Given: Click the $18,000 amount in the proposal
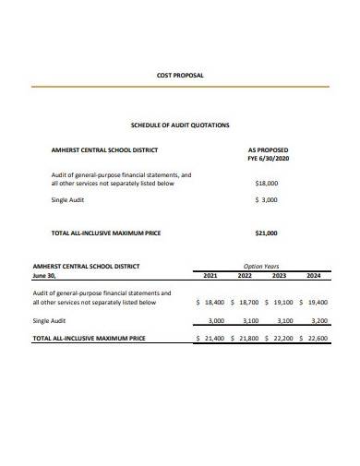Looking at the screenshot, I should point(266,183).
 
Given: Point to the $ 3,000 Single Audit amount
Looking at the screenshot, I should point(266,200).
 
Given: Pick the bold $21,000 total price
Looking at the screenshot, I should point(266,233).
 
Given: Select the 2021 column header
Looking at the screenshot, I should point(211,275).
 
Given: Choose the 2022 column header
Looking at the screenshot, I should point(245,275).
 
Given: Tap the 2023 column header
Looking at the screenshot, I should point(280,275).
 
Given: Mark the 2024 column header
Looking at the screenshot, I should point(314,275).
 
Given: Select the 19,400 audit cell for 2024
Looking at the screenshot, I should point(314,302).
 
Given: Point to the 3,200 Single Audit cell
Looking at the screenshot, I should point(317,321).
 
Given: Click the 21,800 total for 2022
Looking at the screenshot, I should point(248,338).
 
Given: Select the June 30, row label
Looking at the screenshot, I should point(44,275).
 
